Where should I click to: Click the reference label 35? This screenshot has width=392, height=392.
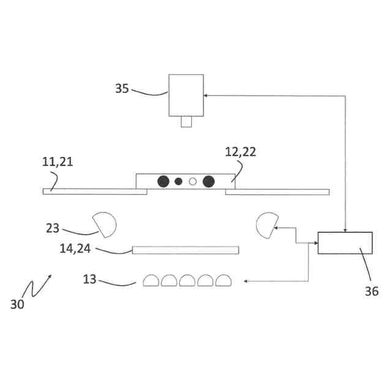122,88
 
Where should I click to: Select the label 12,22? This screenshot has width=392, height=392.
240,153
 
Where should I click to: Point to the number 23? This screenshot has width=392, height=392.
53,228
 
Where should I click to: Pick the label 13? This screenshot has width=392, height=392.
89,279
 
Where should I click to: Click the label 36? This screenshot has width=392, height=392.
371,292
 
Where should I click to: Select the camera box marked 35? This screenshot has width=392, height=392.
186,95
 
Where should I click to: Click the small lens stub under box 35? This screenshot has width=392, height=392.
186,122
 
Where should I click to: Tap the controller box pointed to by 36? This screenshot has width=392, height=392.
345,243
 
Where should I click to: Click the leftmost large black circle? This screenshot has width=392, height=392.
164,181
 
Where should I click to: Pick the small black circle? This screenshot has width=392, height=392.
179,181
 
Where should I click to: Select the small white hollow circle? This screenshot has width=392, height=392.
193,181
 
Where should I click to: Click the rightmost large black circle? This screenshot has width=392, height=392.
208,181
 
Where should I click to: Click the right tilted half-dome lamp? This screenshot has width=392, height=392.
267,224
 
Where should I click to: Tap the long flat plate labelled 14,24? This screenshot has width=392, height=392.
185,250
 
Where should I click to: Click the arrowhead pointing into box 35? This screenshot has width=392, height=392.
206,96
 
